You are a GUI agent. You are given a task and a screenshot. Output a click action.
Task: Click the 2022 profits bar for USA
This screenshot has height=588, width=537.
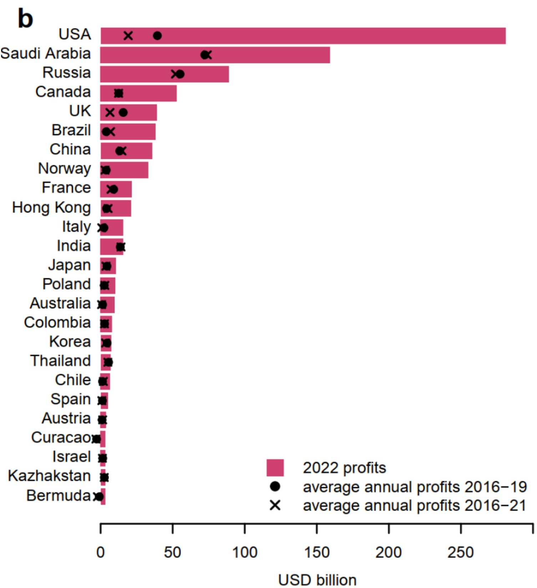[x=303, y=36]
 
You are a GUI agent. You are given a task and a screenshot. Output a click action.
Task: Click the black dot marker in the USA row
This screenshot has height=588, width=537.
[x=157, y=36]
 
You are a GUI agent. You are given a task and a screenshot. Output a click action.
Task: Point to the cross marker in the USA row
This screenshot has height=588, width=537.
[x=128, y=36]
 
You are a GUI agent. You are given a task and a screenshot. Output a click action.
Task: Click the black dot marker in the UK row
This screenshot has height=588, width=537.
[x=123, y=112]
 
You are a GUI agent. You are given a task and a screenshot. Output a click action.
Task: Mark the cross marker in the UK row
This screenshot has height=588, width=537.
[x=110, y=112]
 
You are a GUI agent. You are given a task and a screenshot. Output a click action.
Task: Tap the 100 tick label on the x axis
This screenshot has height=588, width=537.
[x=245, y=553]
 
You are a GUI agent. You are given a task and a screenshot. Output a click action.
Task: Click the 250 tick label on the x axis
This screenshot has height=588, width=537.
[x=461, y=553]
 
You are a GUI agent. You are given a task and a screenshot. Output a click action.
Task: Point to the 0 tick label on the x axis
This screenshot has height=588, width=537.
[x=101, y=553]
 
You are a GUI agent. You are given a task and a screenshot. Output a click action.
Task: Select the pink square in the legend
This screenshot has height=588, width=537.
[x=275, y=468]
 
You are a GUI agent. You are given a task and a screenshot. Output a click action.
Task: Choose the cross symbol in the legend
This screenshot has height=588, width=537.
[x=275, y=506]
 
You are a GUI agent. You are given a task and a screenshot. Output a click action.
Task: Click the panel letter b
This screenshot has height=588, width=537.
[x=25, y=19]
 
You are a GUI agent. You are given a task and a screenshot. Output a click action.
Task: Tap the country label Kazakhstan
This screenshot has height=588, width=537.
[x=49, y=476]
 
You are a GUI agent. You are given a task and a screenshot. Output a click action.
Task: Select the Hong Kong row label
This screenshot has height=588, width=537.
[x=51, y=207]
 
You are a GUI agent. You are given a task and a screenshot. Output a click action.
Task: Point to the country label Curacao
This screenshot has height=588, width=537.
[x=61, y=437]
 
